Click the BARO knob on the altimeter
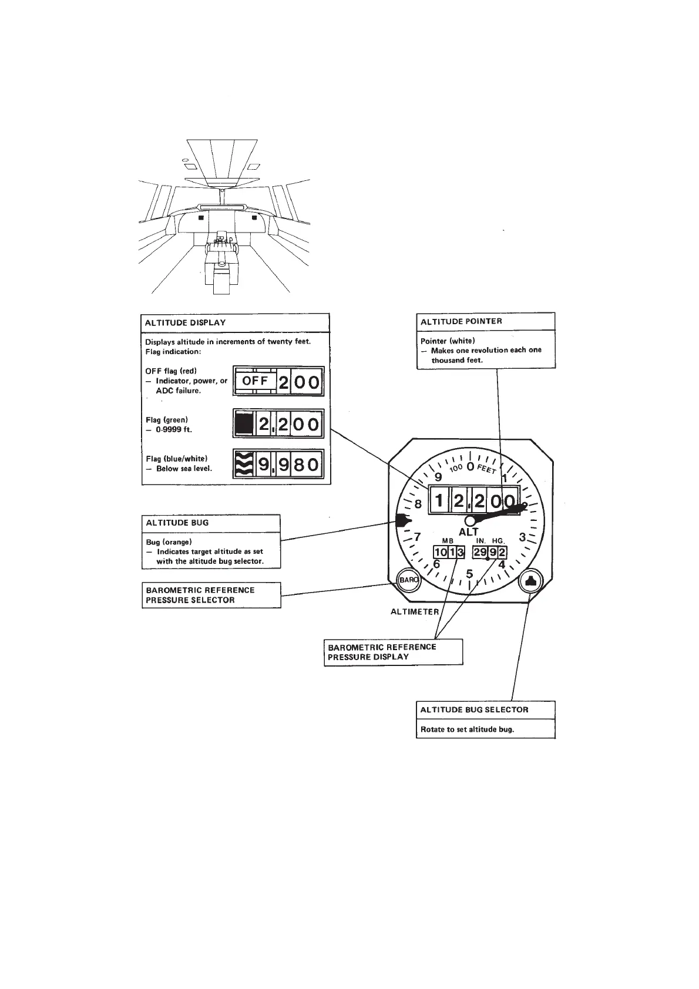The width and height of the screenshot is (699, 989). pyautogui.click(x=408, y=581)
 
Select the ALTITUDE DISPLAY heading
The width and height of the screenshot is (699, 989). pyautogui.click(x=186, y=322)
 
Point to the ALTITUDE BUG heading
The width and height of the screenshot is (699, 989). pyautogui.click(x=177, y=523)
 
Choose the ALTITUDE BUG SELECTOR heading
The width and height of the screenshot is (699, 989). pyautogui.click(x=474, y=709)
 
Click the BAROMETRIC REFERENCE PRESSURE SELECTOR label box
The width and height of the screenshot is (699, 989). pyautogui.click(x=211, y=595)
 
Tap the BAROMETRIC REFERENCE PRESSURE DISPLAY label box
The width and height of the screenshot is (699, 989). pyautogui.click(x=393, y=652)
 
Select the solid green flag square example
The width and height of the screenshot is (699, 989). pyautogui.click(x=243, y=424)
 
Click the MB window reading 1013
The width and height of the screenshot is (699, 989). pyautogui.click(x=449, y=552)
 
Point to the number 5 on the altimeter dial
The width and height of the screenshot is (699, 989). pyautogui.click(x=469, y=574)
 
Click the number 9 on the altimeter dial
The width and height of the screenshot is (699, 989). pyautogui.click(x=438, y=477)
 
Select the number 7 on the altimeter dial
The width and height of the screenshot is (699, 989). pyautogui.click(x=417, y=537)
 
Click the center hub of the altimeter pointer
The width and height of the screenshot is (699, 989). pyautogui.click(x=470, y=520)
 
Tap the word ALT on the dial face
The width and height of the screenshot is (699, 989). pyautogui.click(x=469, y=532)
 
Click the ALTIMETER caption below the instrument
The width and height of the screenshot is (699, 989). pyautogui.click(x=415, y=611)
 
